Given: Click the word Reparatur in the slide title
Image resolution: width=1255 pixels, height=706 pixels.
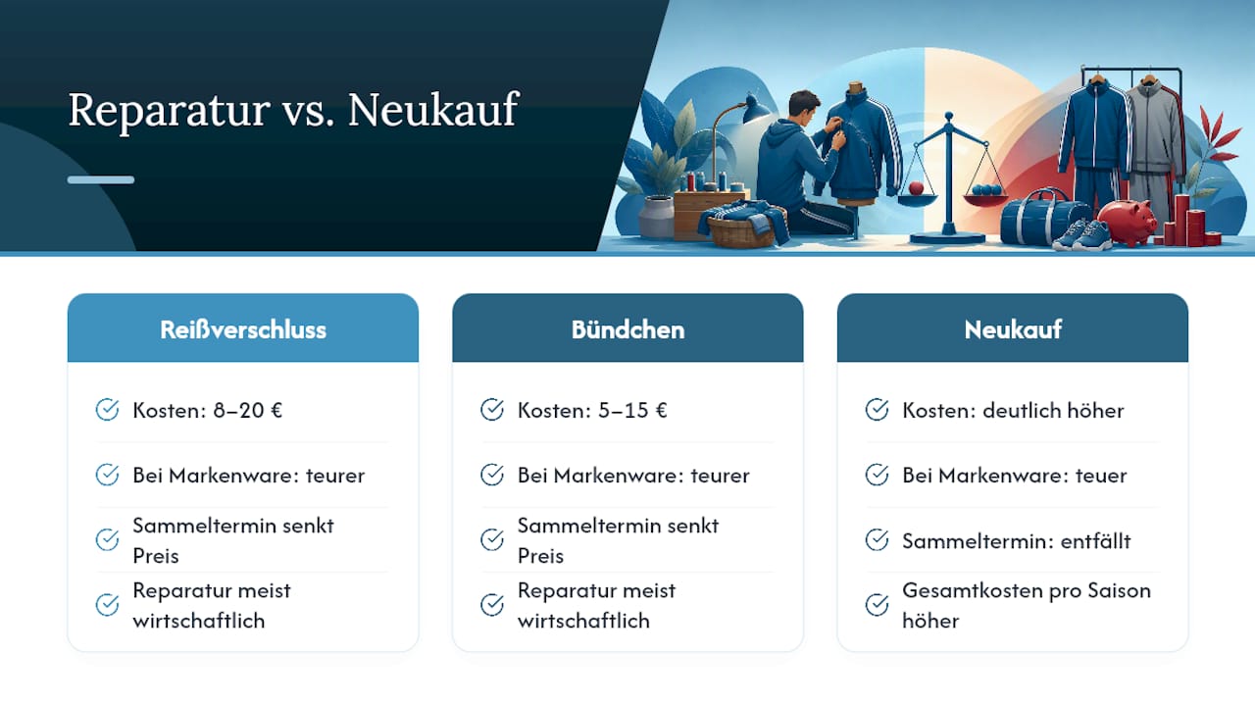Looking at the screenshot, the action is (x=170, y=111).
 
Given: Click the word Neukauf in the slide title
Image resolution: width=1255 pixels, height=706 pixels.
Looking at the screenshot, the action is (x=433, y=109).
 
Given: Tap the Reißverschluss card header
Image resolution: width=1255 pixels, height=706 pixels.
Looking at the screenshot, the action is (x=242, y=328).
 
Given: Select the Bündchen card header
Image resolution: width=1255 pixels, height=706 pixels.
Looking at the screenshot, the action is (x=627, y=328).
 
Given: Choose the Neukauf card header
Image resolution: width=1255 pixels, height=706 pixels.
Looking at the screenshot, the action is (x=1013, y=328).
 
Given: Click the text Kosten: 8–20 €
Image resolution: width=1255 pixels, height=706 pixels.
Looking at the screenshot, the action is (x=207, y=410).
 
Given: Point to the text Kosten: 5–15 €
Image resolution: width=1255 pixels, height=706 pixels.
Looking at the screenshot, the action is (x=592, y=410).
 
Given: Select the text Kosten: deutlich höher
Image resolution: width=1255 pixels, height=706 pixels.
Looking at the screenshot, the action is (x=1013, y=410).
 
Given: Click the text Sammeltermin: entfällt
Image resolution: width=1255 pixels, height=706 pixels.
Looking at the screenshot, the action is (x=1017, y=541).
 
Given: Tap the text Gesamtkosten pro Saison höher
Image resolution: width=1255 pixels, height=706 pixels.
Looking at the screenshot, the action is (x=1027, y=606).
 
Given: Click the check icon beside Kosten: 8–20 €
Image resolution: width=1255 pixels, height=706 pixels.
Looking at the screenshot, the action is (x=107, y=410).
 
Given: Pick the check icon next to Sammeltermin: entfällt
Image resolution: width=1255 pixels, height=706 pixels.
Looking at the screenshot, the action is (x=877, y=539).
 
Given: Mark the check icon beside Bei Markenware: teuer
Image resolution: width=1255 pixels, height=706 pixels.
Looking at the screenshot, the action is (x=877, y=475).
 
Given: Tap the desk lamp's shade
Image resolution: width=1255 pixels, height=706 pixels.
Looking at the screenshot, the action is (x=756, y=110).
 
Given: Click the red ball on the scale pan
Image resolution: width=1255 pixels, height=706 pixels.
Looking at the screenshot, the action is (x=916, y=187).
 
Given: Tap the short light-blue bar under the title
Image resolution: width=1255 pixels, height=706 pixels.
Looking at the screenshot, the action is (x=101, y=179).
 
